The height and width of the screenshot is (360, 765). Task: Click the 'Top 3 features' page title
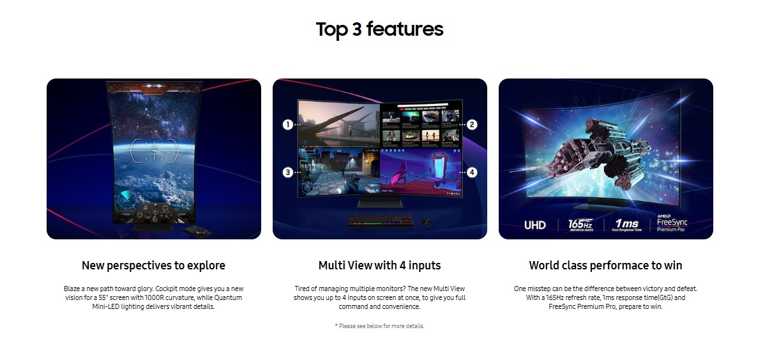(379, 29)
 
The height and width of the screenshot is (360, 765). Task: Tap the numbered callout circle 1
(288, 124)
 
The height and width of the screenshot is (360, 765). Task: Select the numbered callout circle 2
(472, 124)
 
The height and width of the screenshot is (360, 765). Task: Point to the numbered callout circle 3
(288, 172)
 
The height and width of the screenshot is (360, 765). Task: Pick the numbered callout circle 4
(472, 172)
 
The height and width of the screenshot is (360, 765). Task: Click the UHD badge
(534, 225)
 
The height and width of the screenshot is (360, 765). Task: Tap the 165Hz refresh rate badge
(580, 225)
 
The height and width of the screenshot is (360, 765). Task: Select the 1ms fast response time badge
(627, 225)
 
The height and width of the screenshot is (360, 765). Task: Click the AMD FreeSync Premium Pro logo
(672, 223)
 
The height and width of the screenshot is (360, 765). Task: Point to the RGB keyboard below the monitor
(380, 221)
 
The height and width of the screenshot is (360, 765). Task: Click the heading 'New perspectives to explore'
(153, 266)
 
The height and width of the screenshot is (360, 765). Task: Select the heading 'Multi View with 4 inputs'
(379, 266)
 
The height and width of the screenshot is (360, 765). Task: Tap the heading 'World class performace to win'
(605, 266)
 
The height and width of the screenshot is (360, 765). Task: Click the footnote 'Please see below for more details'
(379, 326)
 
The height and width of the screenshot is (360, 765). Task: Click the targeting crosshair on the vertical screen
(154, 150)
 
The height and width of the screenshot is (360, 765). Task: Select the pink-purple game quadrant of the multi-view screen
(421, 171)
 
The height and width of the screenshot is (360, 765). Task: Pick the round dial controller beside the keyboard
(427, 222)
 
